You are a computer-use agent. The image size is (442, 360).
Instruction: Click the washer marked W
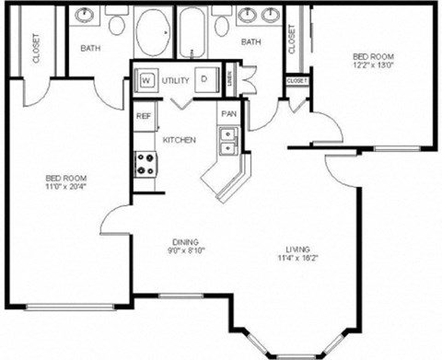pos(145,80)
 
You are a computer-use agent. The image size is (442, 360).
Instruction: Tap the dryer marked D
pos(204,80)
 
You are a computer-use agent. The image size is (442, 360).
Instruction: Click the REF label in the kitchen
pos(144,116)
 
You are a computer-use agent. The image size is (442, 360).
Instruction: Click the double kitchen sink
pos(228,140)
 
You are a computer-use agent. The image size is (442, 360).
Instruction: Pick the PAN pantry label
pos(227,114)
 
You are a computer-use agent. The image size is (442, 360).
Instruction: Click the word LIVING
pos(297,250)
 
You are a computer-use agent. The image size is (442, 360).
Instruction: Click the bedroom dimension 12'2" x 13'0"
pos(374,66)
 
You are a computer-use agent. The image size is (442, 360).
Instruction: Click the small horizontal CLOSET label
pos(297,81)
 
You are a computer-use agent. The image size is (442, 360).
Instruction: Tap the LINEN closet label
pos(229,80)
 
